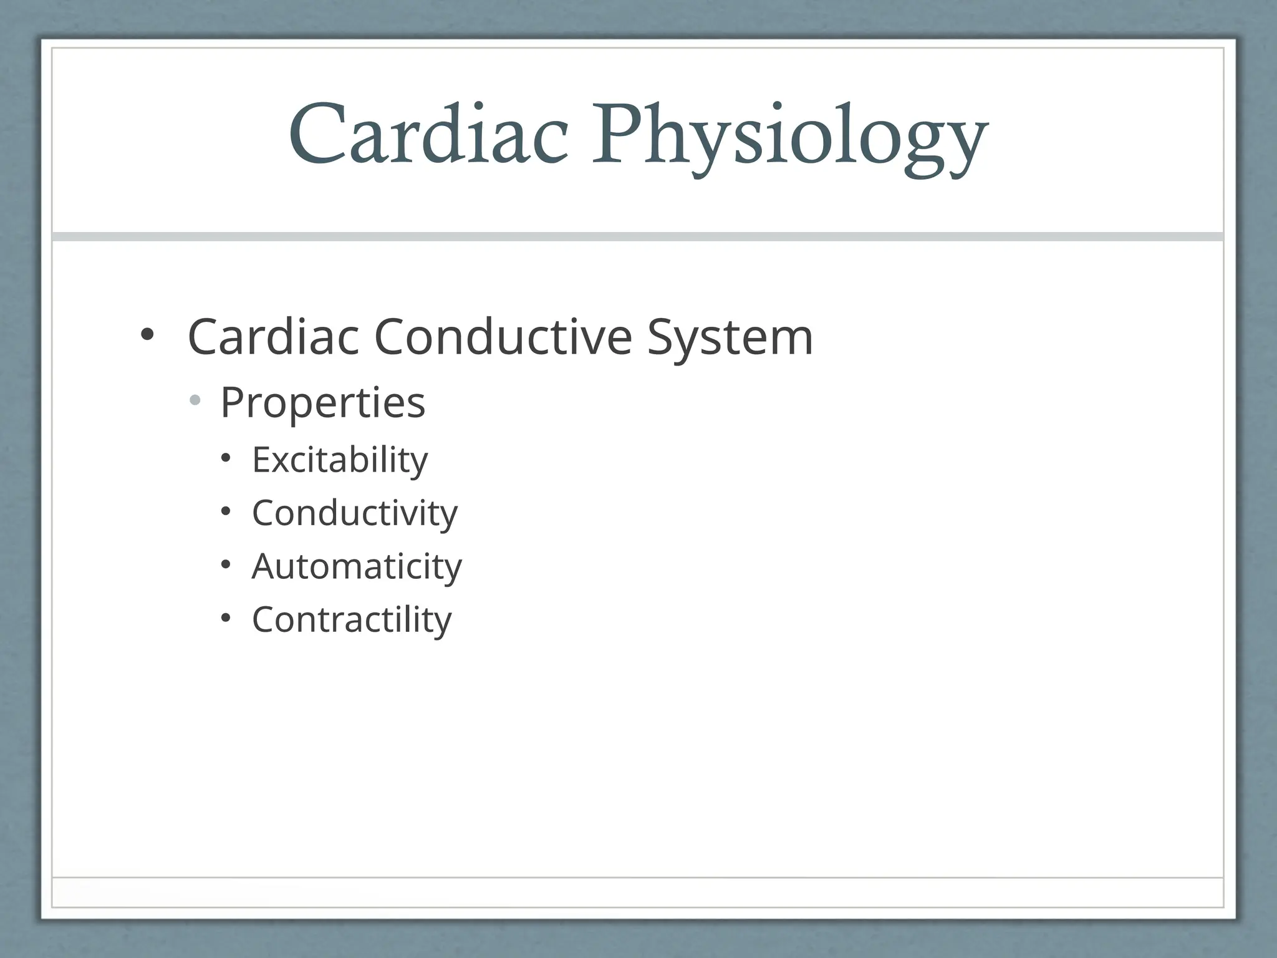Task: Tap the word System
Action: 730,338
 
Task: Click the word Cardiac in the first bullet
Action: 274,337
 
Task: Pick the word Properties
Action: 322,403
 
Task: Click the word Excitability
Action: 340,460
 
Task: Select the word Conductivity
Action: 355,513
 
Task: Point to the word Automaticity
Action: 357,566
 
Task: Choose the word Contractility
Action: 352,620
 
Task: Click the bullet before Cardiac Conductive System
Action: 147,335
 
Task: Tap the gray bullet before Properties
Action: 195,400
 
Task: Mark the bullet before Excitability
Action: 226,459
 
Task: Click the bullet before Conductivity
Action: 226,512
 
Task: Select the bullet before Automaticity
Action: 226,565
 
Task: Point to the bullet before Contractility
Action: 226,618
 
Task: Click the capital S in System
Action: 663,337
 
